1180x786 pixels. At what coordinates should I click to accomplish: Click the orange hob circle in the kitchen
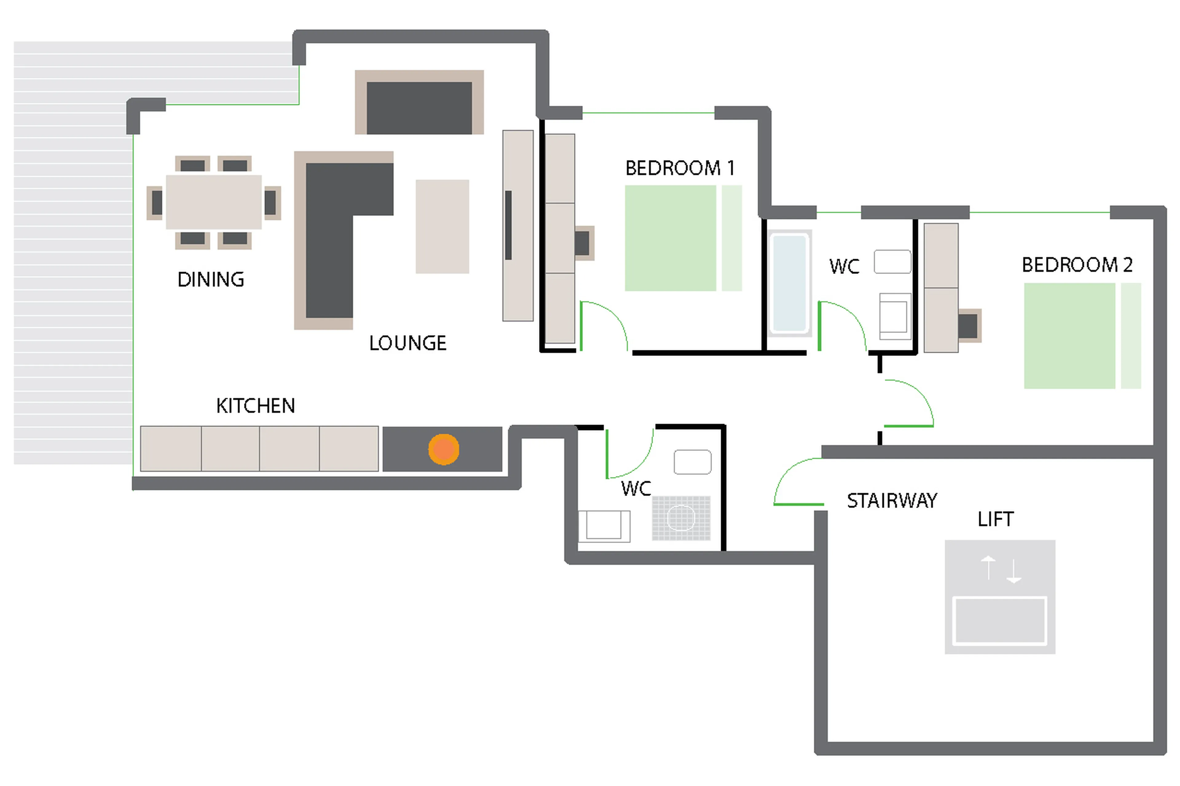pos(443,449)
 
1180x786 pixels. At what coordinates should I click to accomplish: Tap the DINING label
pos(210,279)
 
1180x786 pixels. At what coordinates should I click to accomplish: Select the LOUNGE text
pos(407,343)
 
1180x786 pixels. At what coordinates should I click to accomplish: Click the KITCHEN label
pos(255,405)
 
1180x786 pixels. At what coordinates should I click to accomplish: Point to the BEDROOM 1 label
pos(679,168)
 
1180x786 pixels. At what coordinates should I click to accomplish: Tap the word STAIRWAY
pos(892,500)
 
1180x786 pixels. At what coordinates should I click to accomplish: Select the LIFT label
pos(995,519)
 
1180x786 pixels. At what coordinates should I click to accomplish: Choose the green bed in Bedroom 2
pos(1069,336)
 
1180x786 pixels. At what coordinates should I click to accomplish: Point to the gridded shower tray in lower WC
pos(681,518)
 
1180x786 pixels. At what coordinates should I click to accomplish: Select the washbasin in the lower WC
pos(692,462)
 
